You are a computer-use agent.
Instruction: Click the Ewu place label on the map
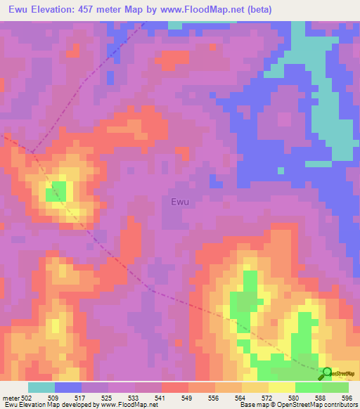180,202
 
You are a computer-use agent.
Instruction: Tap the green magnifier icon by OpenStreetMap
326,374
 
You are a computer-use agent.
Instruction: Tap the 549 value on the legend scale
188,398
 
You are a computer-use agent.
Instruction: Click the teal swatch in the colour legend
41,387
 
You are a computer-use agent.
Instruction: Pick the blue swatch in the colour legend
68,387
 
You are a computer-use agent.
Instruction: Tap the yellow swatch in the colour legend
282,387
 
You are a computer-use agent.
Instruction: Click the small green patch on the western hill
56,190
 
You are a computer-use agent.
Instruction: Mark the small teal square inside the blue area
281,171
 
